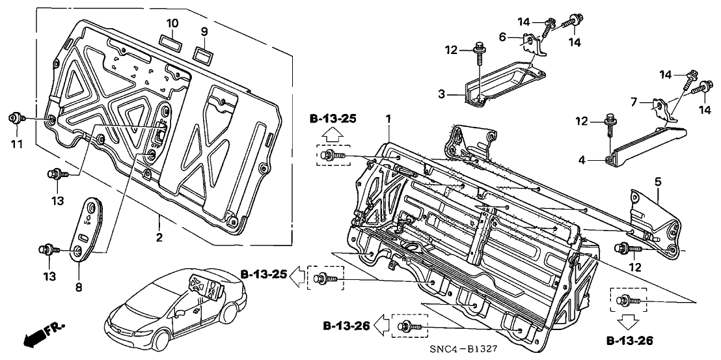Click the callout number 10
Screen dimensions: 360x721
[x=172, y=23]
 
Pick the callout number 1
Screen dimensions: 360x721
[x=388, y=119]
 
